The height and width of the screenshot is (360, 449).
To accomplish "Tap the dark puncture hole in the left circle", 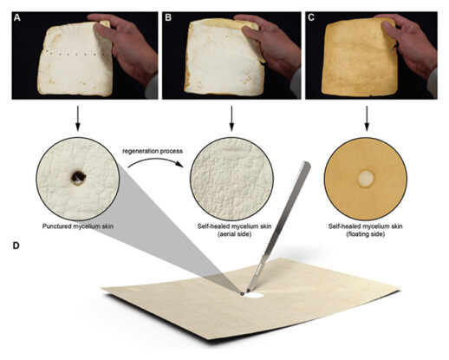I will (77, 177).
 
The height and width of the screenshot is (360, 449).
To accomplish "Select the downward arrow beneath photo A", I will (76, 114).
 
